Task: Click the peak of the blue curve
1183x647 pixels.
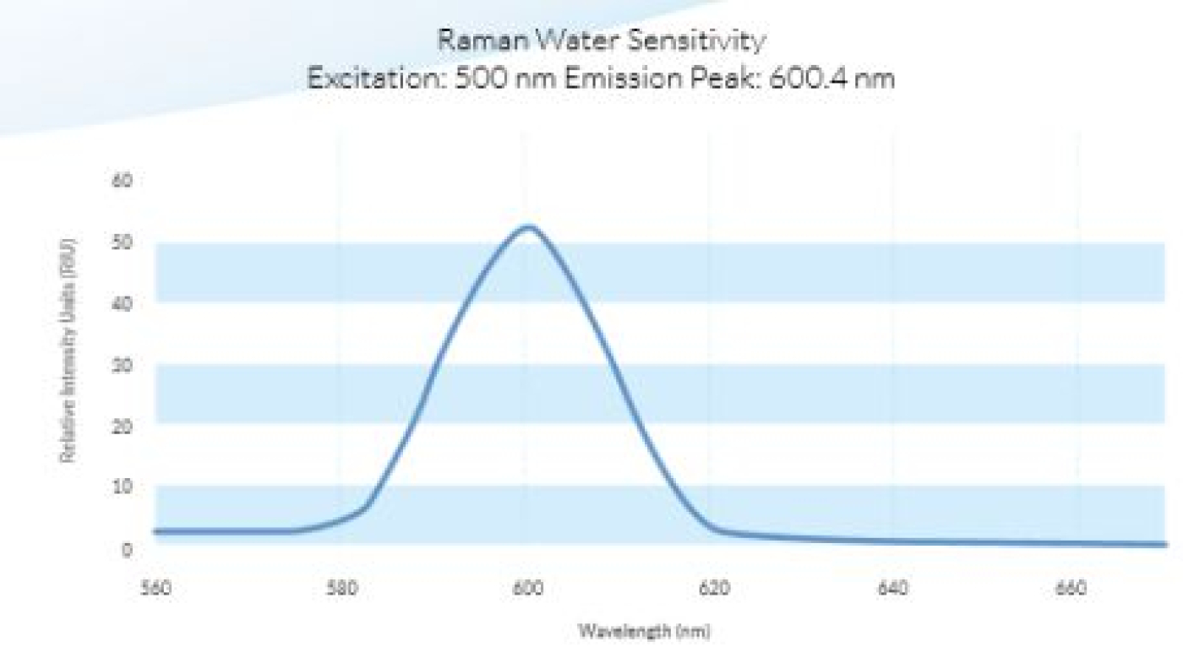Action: [x=528, y=226]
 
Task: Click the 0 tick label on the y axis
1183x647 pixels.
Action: [x=127, y=549]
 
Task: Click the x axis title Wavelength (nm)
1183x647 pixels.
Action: [x=644, y=630]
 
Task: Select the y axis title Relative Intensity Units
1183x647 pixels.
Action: [x=68, y=351]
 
